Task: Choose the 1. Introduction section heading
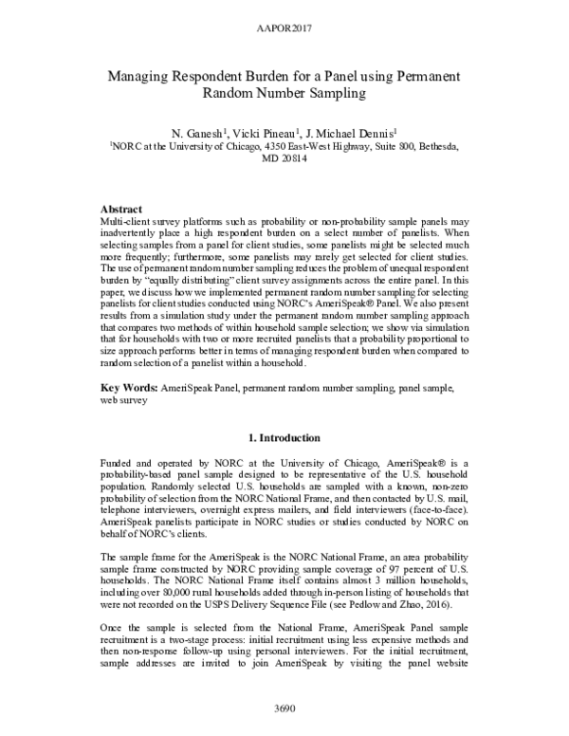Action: tap(284, 439)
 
